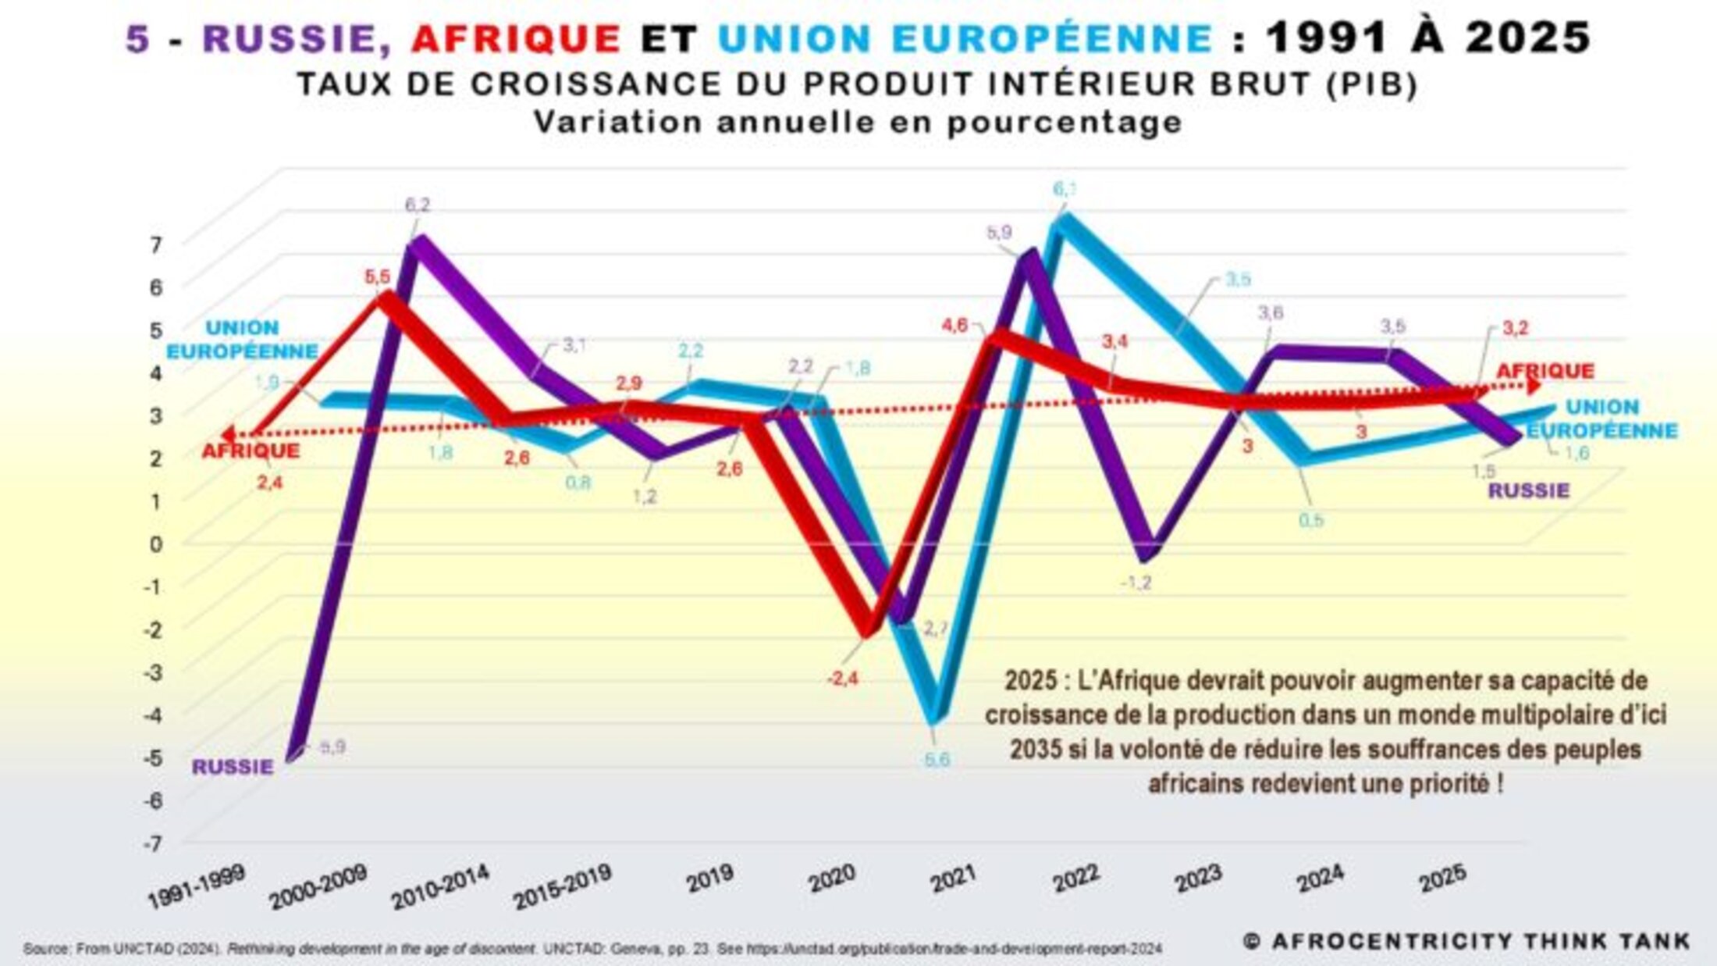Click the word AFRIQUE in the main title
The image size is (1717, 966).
coord(516,37)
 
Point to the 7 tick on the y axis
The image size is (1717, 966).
coord(156,245)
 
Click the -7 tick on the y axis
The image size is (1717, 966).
coord(153,844)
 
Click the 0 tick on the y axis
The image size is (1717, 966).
coord(156,544)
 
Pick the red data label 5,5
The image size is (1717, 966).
coord(378,277)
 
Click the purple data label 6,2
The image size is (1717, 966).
coord(418,205)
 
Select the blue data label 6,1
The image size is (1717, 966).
coord(1065,189)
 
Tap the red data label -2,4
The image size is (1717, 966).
coord(843,679)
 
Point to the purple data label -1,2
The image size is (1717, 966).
coord(1135,583)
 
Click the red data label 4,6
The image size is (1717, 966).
coord(954,325)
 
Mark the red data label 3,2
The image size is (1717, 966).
coord(1515,329)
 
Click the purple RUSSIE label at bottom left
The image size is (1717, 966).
coord(233,767)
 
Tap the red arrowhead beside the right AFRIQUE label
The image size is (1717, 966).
coord(1534,386)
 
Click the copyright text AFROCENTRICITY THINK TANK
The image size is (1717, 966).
coord(1467,942)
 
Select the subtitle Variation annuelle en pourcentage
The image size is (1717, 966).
coord(858,123)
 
